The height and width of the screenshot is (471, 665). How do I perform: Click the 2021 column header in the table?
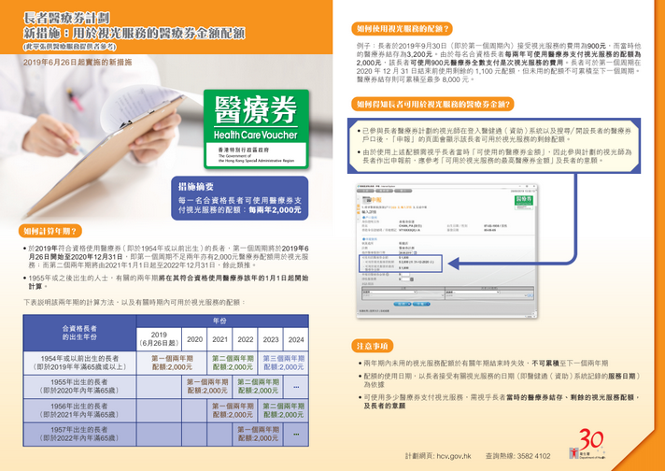click(x=219, y=340)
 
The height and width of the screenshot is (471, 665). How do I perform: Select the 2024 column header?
click(x=296, y=340)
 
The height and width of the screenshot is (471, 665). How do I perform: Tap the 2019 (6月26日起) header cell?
click(x=159, y=340)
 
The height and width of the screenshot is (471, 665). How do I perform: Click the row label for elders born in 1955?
click(x=78, y=386)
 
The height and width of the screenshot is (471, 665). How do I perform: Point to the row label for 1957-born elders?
click(x=78, y=434)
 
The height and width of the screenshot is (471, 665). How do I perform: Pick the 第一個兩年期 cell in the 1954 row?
click(x=172, y=363)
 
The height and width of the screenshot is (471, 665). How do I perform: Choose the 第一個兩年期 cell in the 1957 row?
click(x=257, y=434)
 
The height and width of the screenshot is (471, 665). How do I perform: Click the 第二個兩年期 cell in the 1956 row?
click(x=282, y=410)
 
